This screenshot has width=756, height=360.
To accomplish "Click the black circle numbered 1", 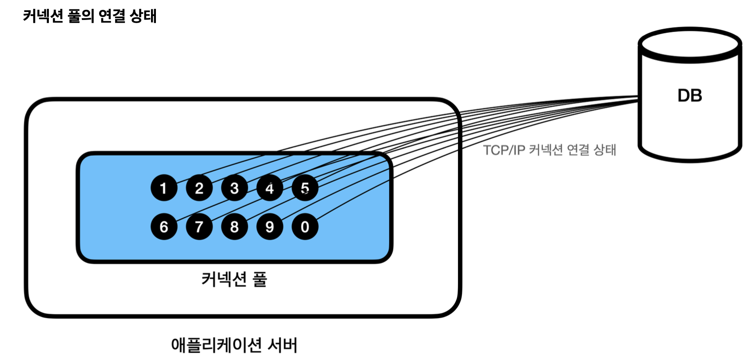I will tap(164, 188).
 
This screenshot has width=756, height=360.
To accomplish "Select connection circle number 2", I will tap(199, 188).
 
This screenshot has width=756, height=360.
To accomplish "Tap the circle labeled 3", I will tap(234, 188).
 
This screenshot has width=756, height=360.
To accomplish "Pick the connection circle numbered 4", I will tap(270, 188).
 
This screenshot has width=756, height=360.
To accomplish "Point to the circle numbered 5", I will tap(305, 188).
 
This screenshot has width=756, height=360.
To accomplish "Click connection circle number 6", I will tap(164, 227).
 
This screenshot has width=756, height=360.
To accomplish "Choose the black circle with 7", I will tap(199, 227).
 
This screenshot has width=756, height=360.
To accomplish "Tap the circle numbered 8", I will tap(234, 227).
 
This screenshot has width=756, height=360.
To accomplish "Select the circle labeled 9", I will tap(270, 227).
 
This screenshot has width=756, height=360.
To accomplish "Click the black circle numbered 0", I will tap(305, 227).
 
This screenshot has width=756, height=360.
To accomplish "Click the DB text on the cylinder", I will tap(689, 96).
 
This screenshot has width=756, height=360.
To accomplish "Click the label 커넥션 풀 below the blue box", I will tap(234, 280).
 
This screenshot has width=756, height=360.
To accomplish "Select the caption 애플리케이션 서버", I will tap(234, 345).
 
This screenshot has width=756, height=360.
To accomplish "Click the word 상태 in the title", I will tap(143, 16).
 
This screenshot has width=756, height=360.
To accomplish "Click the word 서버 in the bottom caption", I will tap(283, 345).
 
